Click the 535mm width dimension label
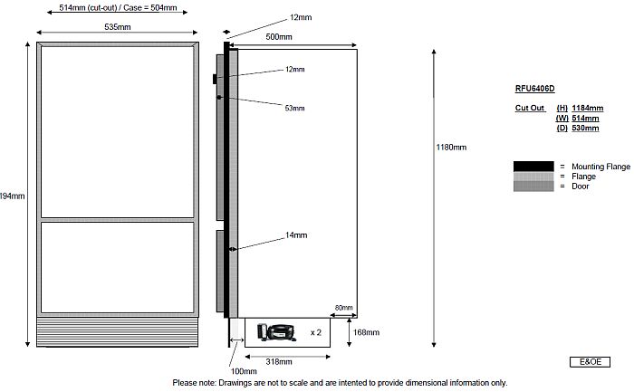pyautogui.click(x=116, y=27)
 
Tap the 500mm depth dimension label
pyautogui.click(x=279, y=37)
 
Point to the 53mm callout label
pyautogui.click(x=294, y=109)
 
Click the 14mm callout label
pyautogui.click(x=296, y=235)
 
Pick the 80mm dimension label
pyautogui.click(x=344, y=308)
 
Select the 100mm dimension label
pyautogui.click(x=245, y=371)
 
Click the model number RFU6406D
pyautogui.click(x=534, y=89)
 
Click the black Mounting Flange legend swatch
pyautogui.click(x=533, y=167)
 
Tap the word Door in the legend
pyautogui.click(x=580, y=186)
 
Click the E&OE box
pyautogui.click(x=590, y=362)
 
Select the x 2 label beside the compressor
pyautogui.click(x=317, y=332)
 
